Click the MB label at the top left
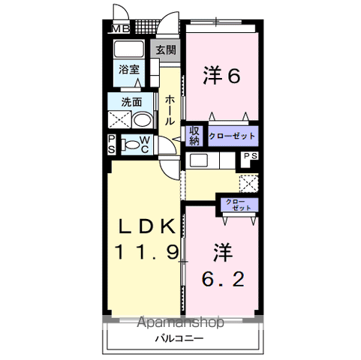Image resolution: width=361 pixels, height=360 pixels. [120, 28]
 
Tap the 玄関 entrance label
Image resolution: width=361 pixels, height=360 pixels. [166, 50]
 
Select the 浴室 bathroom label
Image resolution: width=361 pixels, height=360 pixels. [129, 70]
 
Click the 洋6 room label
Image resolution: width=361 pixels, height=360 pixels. [222, 75]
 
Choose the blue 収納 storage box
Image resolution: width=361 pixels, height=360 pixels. [194, 135]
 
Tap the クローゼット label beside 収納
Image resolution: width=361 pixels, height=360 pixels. [232, 136]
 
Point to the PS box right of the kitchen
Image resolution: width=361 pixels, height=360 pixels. [249, 157]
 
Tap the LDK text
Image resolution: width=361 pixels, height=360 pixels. [146, 226]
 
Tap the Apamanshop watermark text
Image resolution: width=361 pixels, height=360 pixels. [182, 323]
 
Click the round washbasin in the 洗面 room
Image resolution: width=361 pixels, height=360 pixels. [141, 120]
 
